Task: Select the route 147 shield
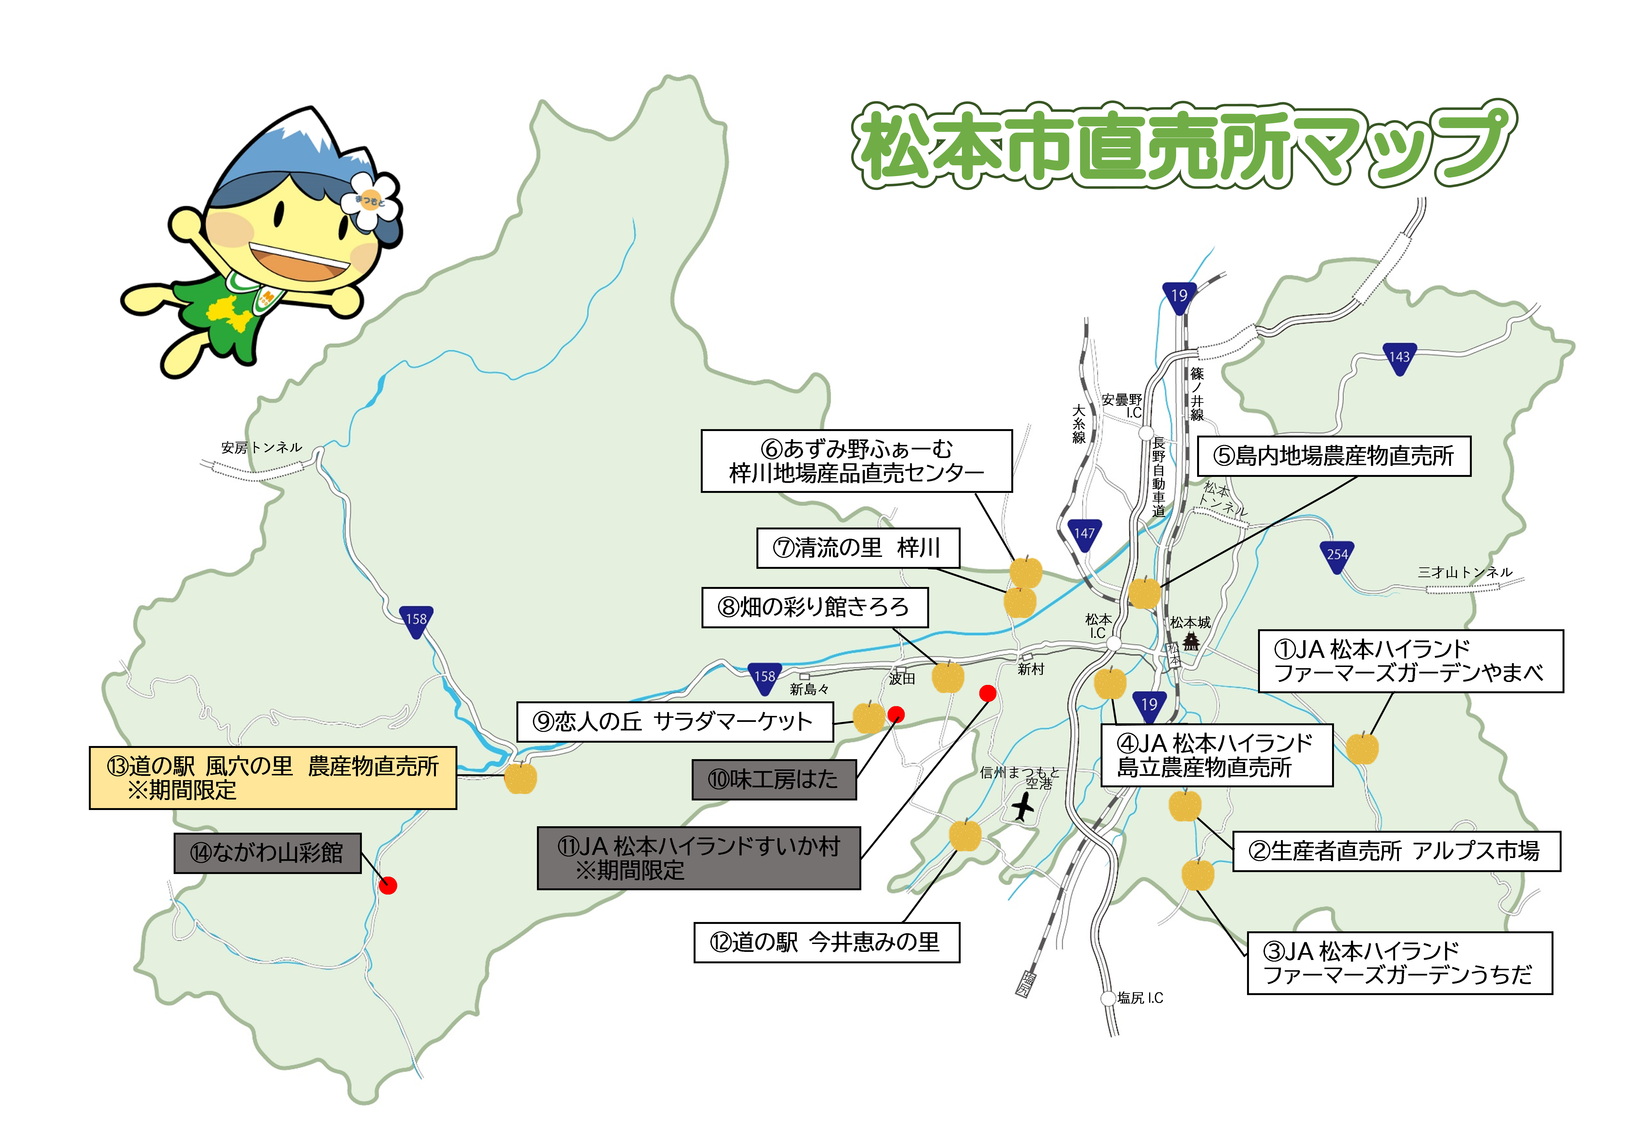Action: click(x=1084, y=535)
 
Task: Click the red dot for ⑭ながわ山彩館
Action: click(x=388, y=885)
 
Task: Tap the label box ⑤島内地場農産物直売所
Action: click(x=1333, y=456)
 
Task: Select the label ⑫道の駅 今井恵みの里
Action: click(x=826, y=942)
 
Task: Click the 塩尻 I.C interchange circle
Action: click(x=1108, y=998)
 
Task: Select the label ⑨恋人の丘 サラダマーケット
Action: click(x=675, y=721)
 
